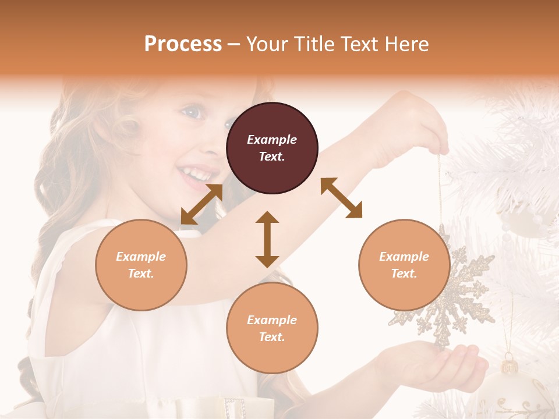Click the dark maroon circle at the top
coord(272,148)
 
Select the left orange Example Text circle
coord(141,265)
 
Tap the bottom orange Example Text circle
coord(272,328)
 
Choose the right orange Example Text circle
coord(404,265)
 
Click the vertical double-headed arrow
coord(267,239)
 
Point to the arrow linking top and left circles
coord(201,204)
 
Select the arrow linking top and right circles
coord(341,198)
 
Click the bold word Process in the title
coord(183,44)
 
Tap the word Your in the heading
coord(267,44)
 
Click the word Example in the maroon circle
coord(272,140)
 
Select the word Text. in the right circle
coord(404,274)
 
